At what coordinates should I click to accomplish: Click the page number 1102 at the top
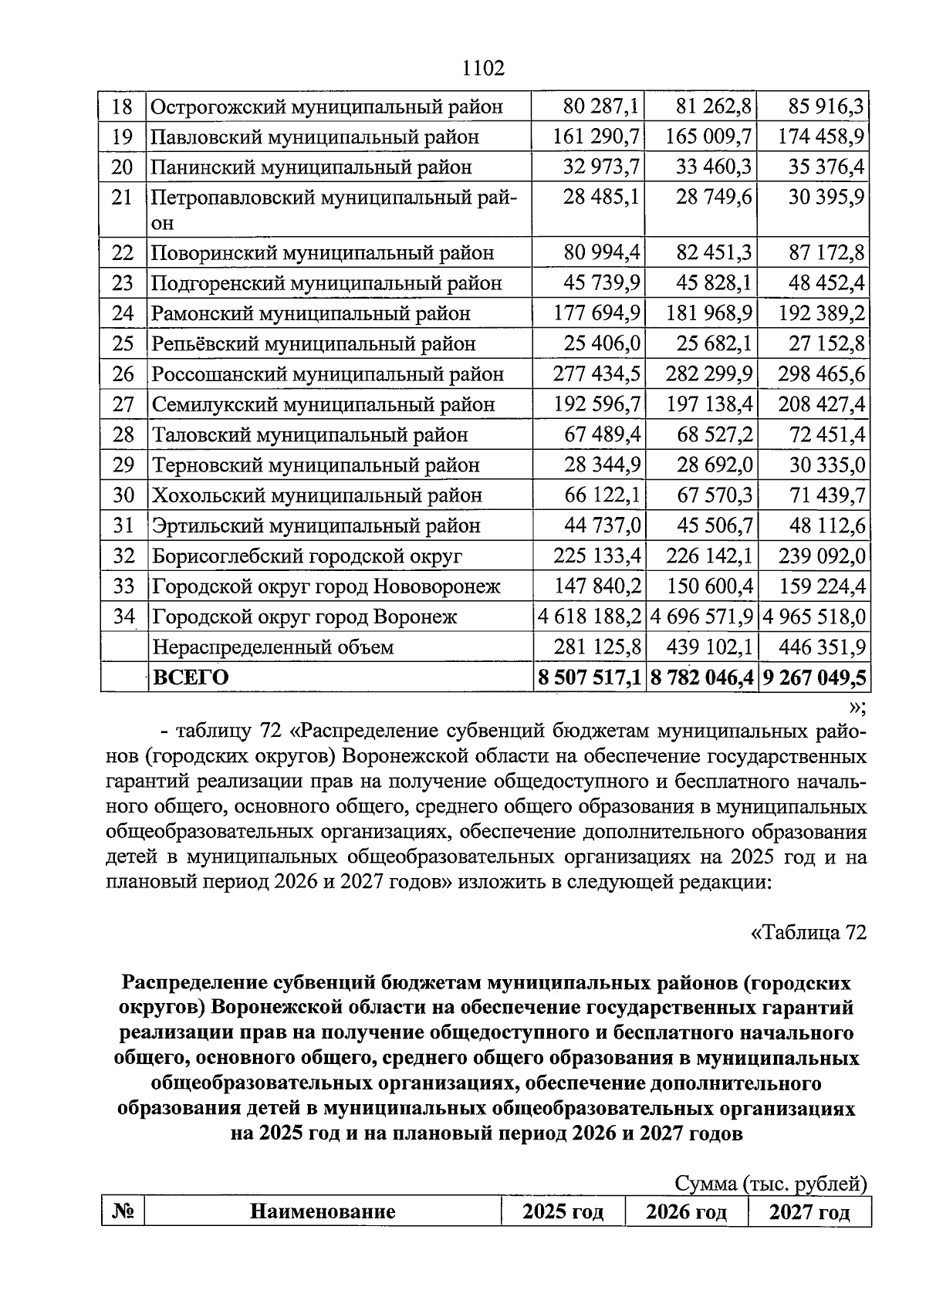[x=483, y=68]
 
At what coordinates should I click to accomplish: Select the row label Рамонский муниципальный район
[x=310, y=313]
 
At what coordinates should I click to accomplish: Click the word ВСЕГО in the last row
[x=191, y=677]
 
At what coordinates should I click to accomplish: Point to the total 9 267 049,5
[x=814, y=677]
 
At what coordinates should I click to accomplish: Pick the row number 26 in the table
[x=123, y=374]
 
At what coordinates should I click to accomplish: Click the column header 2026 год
[x=686, y=1211]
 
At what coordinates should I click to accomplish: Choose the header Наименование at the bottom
[x=323, y=1211]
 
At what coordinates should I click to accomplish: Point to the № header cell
[x=123, y=1211]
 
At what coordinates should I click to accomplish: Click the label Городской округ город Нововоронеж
[x=326, y=586]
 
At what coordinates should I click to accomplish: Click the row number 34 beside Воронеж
[x=123, y=616]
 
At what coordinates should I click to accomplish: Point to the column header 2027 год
[x=809, y=1211]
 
